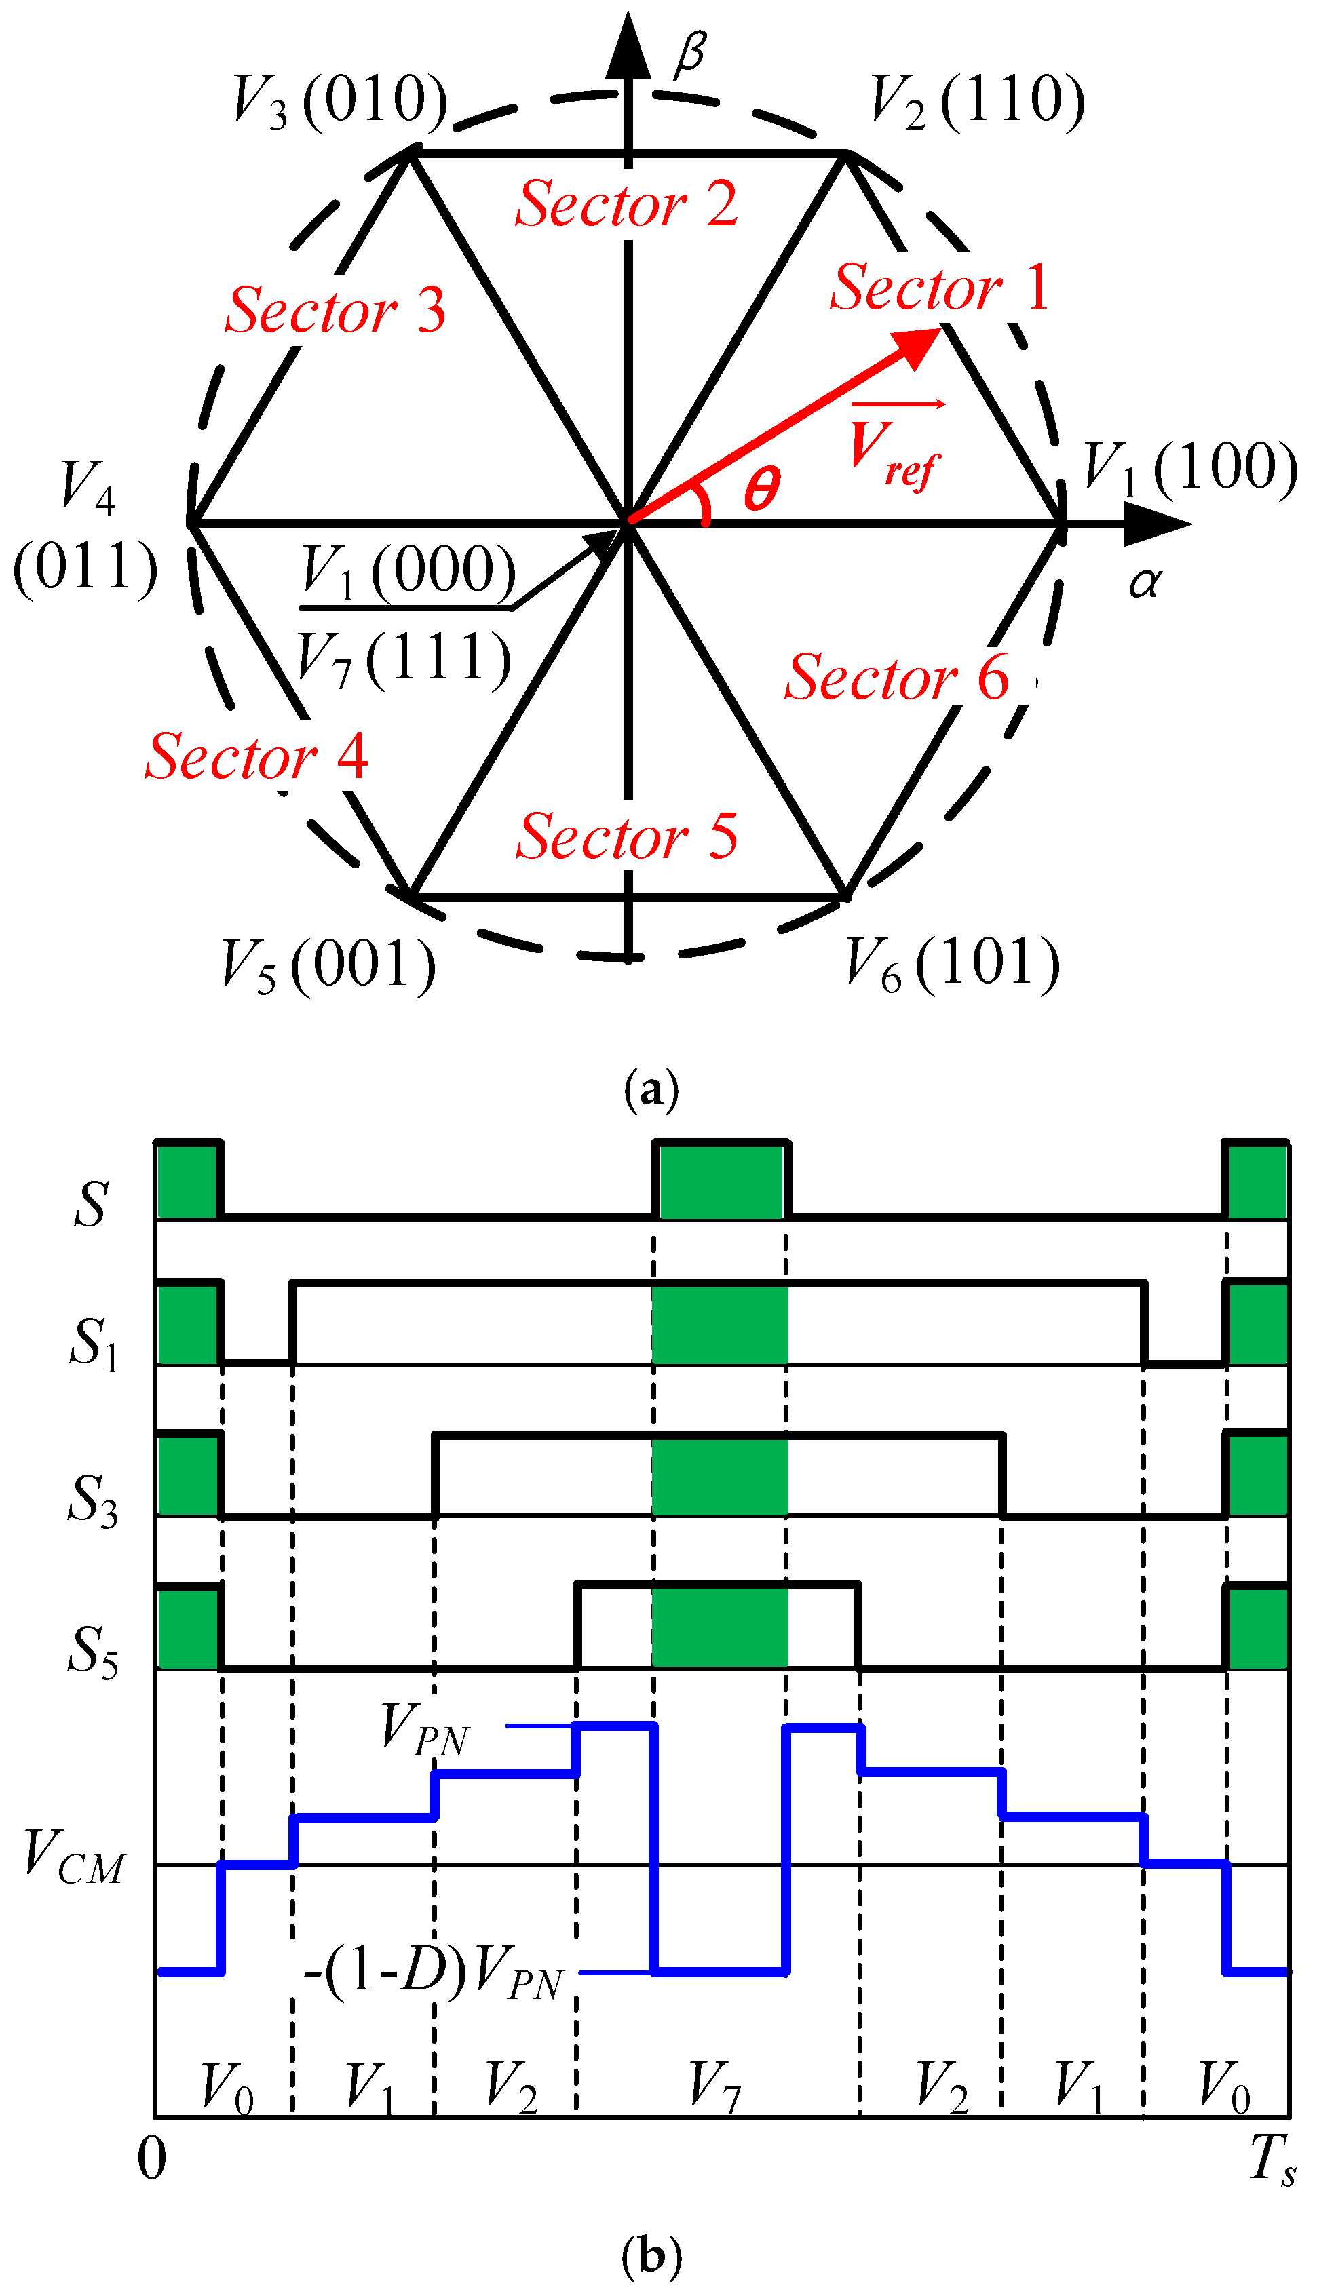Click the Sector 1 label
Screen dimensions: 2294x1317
(940, 288)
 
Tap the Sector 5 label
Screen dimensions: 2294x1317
(627, 836)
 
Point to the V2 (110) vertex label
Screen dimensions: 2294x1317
(977, 100)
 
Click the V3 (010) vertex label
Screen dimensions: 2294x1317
(339, 100)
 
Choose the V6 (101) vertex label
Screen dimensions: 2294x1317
(951, 964)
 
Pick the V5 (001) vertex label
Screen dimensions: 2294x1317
(328, 966)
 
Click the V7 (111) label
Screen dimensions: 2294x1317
(404, 657)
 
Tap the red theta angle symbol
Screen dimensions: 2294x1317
(761, 489)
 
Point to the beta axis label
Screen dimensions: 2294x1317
(690, 52)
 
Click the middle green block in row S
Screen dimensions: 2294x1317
(721, 1181)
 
